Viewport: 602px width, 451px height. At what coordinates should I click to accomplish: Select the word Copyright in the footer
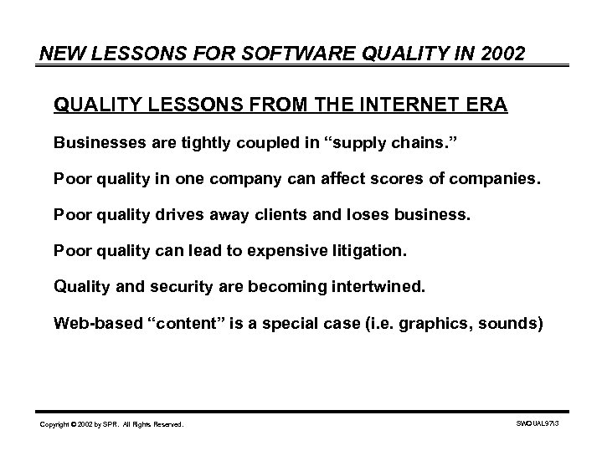pos(56,425)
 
